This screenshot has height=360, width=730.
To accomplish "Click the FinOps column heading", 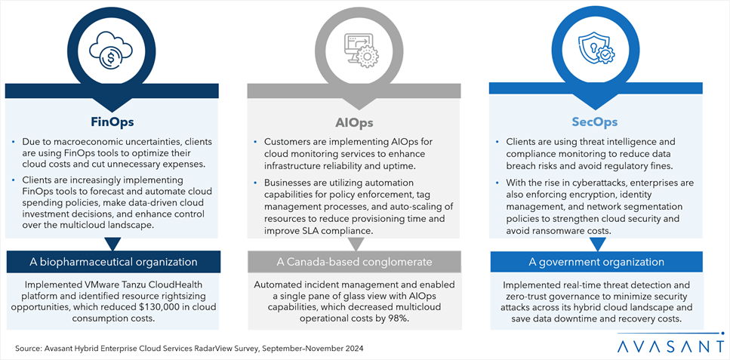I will click(x=112, y=121).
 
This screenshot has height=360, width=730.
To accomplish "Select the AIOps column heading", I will click(x=354, y=122).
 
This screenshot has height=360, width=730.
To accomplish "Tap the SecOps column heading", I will click(x=597, y=122).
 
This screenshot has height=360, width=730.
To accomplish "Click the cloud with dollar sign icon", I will click(x=112, y=51).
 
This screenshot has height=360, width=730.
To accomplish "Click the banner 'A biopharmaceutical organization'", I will click(x=112, y=262).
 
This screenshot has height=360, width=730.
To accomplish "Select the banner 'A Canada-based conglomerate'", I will click(x=355, y=262).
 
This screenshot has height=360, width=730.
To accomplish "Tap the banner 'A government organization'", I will click(x=597, y=262).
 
